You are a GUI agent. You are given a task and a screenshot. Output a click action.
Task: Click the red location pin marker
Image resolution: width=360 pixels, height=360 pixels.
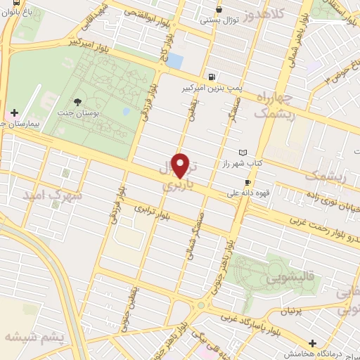(x=181, y=165)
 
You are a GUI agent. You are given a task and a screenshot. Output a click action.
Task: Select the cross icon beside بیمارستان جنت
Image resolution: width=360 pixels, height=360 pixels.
(x=14, y=112)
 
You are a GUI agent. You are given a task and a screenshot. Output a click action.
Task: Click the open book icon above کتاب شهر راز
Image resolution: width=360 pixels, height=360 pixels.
(x=244, y=153)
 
